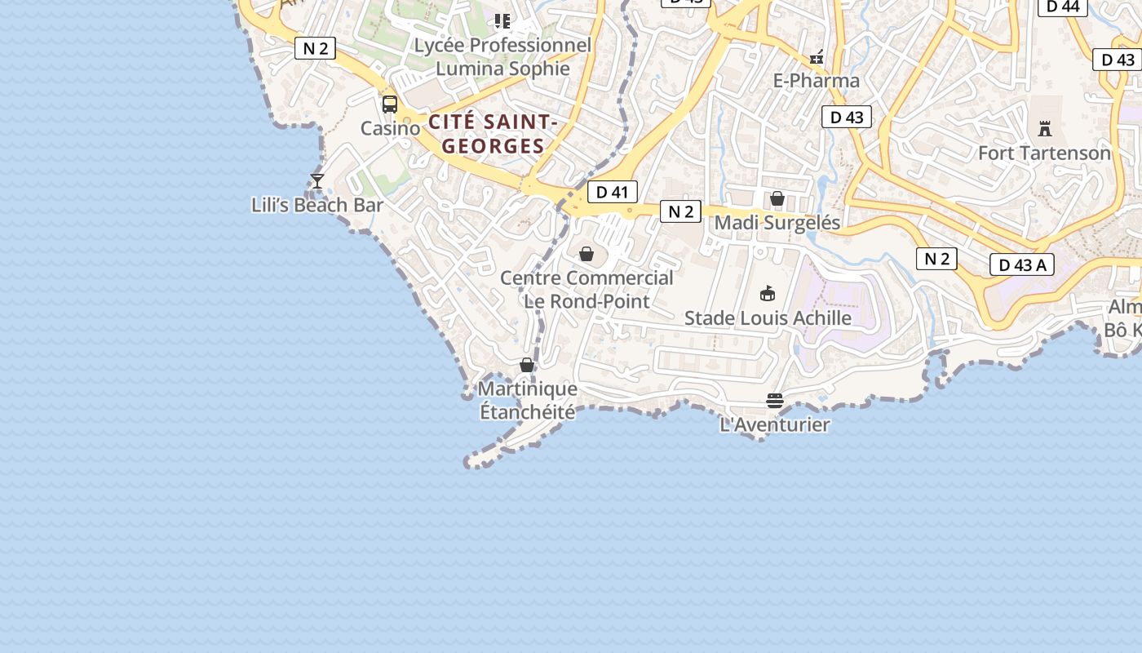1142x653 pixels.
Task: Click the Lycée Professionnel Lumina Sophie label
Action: [x=502, y=56]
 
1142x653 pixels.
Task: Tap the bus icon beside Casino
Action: [x=390, y=104]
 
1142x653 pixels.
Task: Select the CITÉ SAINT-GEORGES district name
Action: [x=493, y=134]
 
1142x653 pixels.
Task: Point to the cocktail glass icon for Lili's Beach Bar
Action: [x=317, y=180]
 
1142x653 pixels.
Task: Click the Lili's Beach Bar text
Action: [x=317, y=205]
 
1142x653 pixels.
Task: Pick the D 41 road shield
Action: [x=612, y=192]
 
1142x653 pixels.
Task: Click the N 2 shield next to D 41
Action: [x=680, y=211]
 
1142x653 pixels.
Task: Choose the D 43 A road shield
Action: [x=1021, y=264]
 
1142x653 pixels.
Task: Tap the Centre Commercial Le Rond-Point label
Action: [x=586, y=289]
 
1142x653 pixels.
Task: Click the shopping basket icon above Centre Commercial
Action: [x=586, y=254]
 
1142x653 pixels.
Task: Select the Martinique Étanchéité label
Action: [x=527, y=400]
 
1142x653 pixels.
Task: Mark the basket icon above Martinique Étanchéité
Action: [x=527, y=365]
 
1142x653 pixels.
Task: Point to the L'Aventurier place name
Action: [x=774, y=424]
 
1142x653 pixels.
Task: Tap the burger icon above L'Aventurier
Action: [x=774, y=401]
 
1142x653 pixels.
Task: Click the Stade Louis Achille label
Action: [x=768, y=318]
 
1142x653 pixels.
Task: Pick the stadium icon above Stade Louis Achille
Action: [x=768, y=293]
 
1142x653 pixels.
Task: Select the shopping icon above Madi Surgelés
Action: [x=777, y=198]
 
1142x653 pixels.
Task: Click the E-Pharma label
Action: [x=816, y=80]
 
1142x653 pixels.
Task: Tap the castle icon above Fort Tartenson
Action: [x=1044, y=128]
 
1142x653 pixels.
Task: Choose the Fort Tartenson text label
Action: [x=1044, y=153]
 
